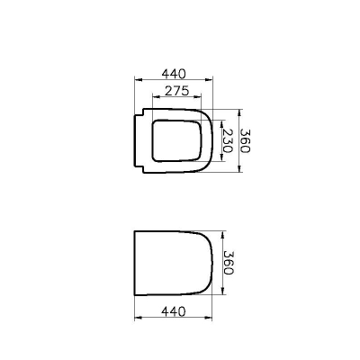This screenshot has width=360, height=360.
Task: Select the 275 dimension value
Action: click(x=174, y=92)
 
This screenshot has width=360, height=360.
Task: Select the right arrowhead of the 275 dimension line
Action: click(x=202, y=99)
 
